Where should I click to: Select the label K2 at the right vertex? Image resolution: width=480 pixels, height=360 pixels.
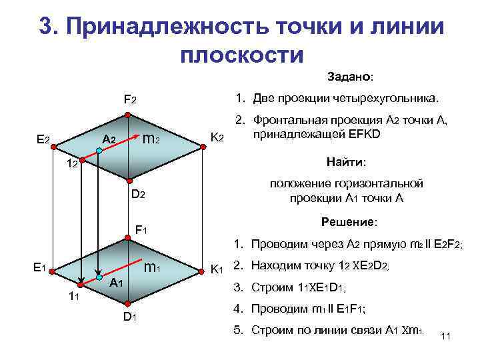pos(217,138)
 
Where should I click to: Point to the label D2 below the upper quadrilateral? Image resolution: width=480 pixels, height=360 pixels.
pos(137,195)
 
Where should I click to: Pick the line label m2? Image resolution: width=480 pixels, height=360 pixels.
pos(151,139)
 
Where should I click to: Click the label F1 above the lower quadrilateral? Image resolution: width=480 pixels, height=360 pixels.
pos(141,230)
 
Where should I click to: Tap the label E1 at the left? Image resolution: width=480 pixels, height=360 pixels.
pos(39,267)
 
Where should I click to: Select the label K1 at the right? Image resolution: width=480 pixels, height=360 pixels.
pos(217,269)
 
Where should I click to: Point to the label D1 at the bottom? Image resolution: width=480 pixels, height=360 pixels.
pos(129,316)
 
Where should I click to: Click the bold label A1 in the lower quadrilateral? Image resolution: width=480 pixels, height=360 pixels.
pos(117,283)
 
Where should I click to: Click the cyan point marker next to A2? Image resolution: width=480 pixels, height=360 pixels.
pos(99,151)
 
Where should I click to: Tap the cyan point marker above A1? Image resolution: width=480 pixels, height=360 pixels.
pos(99,275)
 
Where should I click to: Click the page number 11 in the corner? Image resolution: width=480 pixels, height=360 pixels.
pos(446,337)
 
